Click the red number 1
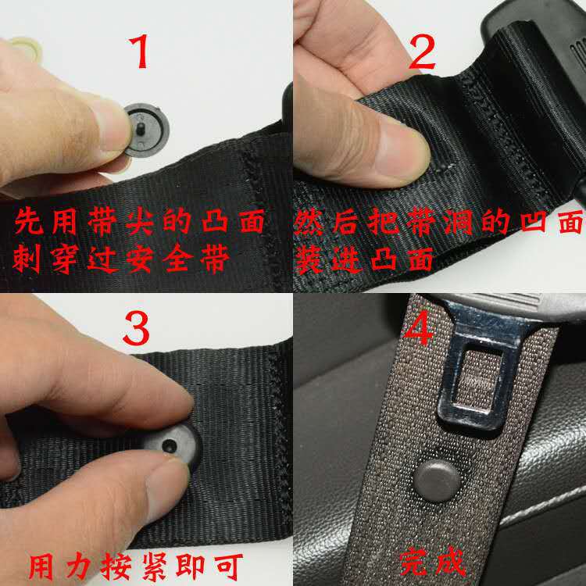click(x=139, y=52)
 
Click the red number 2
click(x=422, y=52)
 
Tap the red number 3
click(x=136, y=328)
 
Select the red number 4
click(x=420, y=329)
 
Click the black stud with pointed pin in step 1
click(x=146, y=130)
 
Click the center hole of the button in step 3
click(x=170, y=445)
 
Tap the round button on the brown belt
click(x=437, y=481)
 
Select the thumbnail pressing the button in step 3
click(x=168, y=482)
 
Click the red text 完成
click(x=433, y=562)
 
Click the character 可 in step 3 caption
click(x=228, y=567)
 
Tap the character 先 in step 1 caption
click(x=28, y=221)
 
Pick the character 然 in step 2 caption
click(x=308, y=222)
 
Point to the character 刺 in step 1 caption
click(x=27, y=259)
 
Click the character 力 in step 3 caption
click(x=78, y=567)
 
